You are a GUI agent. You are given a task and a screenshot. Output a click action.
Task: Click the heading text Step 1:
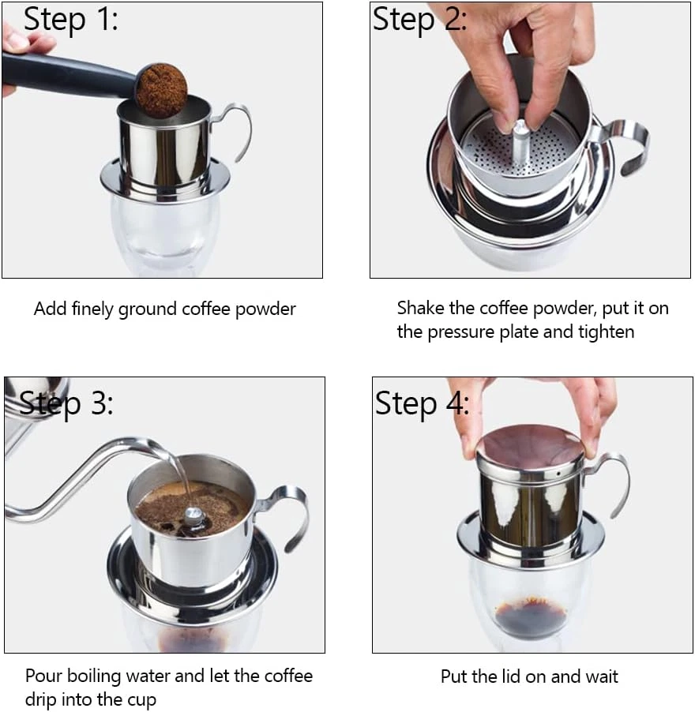tap(71, 21)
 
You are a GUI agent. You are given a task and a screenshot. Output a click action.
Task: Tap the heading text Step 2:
tap(419, 21)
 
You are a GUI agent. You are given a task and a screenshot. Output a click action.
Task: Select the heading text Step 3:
tap(66, 403)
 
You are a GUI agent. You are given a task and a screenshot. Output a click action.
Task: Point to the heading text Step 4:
tap(422, 403)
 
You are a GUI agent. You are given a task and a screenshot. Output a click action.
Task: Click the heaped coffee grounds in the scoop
tap(161, 89)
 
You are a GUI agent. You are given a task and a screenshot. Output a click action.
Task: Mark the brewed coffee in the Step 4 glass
tap(531, 617)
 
